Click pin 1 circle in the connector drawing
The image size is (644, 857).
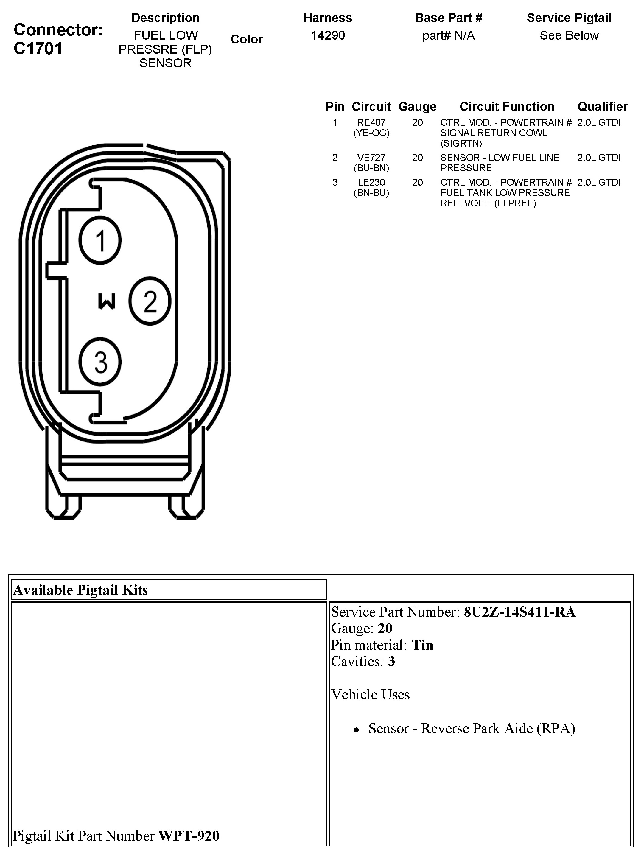coord(100,240)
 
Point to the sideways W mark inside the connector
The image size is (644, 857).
coord(107,301)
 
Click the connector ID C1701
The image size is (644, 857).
coord(38,49)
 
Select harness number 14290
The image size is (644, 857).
coord(328,36)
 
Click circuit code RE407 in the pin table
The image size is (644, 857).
coord(371,122)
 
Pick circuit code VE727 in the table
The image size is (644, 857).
coord(371,158)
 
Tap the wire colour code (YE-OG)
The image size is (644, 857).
coord(371,133)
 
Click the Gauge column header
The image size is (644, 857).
coord(417,107)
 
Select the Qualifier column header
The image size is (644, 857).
coord(603,107)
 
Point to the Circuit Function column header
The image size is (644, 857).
coord(507,107)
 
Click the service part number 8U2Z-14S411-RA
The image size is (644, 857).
coord(519,612)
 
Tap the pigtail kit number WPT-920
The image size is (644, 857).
coord(189,836)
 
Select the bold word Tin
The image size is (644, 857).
coord(422,645)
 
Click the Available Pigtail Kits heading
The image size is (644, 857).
coord(81,590)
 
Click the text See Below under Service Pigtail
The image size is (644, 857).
coord(569,36)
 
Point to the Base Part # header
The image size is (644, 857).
coord(448,18)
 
